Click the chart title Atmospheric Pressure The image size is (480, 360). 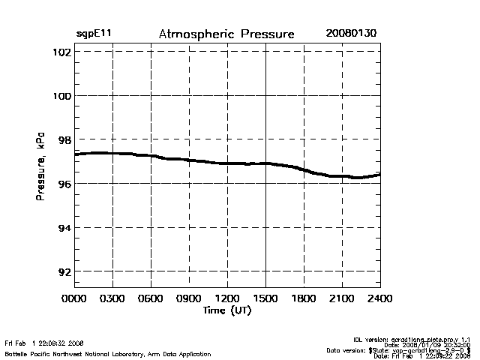click(x=226, y=34)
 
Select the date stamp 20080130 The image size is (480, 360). click(x=351, y=34)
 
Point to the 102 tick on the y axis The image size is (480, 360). click(x=62, y=52)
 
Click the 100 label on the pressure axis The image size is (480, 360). click(x=62, y=96)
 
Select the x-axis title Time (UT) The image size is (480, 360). click(x=227, y=310)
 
